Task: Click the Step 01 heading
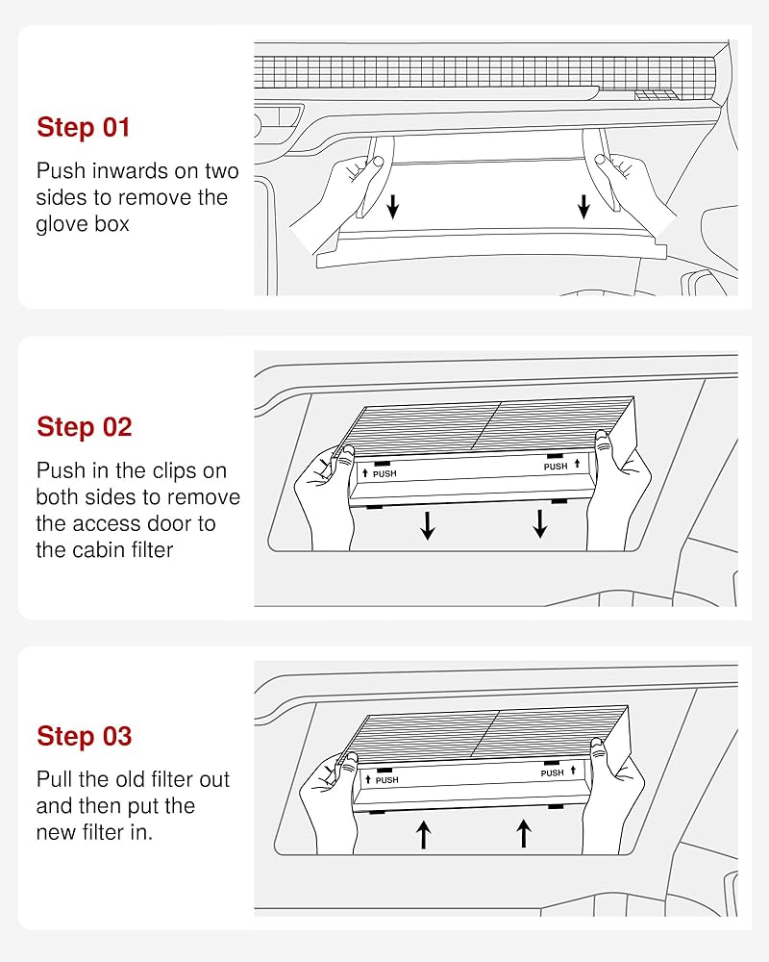(x=84, y=127)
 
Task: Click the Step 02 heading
(x=84, y=427)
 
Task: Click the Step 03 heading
(x=84, y=736)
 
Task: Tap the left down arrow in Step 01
(x=393, y=207)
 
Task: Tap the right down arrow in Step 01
(x=583, y=207)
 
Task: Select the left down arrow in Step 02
(x=428, y=524)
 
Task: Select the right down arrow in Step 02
(x=540, y=523)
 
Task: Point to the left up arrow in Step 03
(x=423, y=835)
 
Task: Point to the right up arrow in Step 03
(x=524, y=834)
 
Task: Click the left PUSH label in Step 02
(x=384, y=473)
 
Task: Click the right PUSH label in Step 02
(x=556, y=467)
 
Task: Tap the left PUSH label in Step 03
(x=387, y=780)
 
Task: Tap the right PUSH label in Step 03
(x=552, y=773)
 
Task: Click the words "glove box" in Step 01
(x=83, y=224)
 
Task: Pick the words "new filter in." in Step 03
(x=94, y=832)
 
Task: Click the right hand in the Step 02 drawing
(x=616, y=491)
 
